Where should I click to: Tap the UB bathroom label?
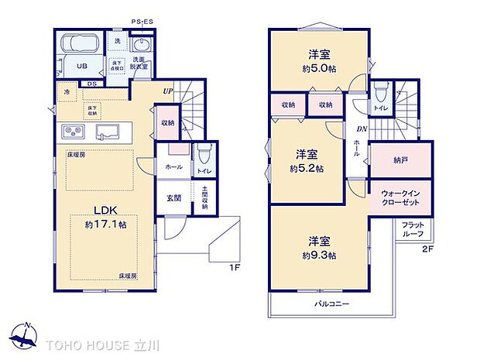coord(81,67)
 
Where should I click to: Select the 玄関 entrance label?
coord(173,197)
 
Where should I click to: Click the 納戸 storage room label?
coord(399,161)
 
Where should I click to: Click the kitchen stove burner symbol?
coord(73,131)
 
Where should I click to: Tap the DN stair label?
coord(361,129)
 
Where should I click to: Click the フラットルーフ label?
coord(413,228)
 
